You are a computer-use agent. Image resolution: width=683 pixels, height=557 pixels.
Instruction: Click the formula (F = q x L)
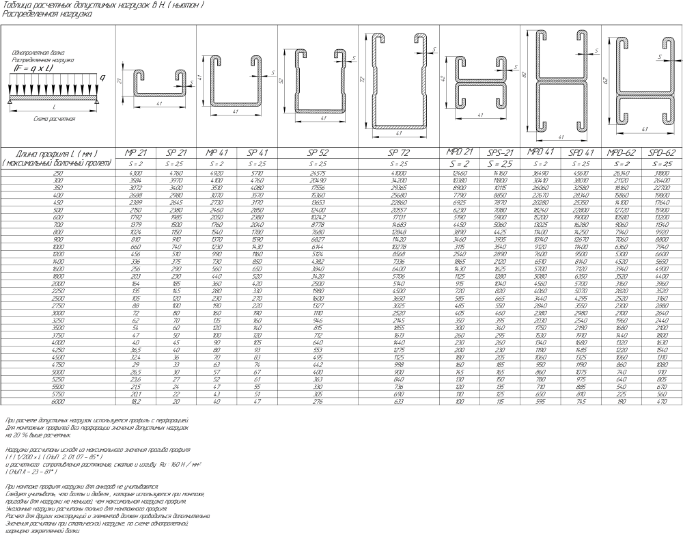tap(34, 68)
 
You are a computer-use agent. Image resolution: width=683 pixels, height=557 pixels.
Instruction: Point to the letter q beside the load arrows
tap(102, 78)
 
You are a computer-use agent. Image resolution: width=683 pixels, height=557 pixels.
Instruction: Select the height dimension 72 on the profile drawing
tap(363, 79)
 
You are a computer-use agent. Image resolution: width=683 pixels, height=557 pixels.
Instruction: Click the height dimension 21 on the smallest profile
tap(118, 82)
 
